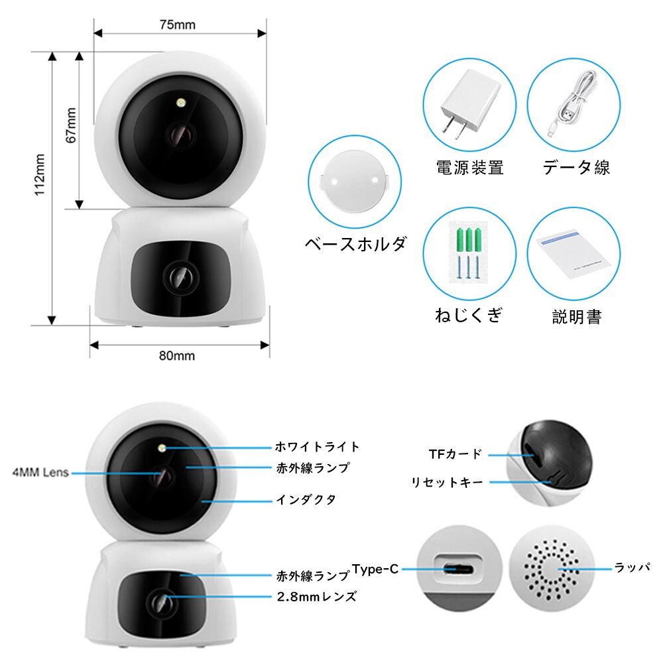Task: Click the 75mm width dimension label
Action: [177, 25]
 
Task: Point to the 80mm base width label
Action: [177, 355]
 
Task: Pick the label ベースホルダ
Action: [355, 243]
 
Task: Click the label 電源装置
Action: [469, 167]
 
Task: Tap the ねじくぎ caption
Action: [468, 314]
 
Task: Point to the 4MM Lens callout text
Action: [40, 473]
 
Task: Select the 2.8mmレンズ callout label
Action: [317, 596]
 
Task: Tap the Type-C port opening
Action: [458, 569]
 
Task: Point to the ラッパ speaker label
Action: [632, 568]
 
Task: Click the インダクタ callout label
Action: [306, 499]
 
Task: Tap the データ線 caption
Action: [576, 167]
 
